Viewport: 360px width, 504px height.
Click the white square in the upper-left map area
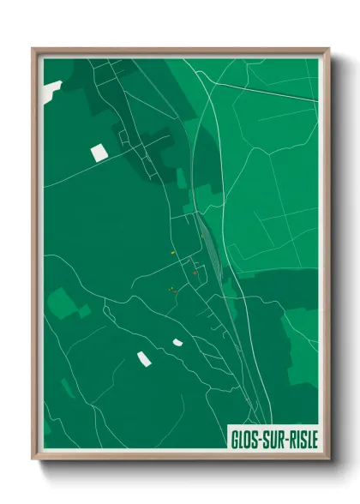click(99, 153)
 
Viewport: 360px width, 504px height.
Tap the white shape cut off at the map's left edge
click(51, 87)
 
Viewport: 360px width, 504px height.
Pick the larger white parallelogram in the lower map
click(143, 357)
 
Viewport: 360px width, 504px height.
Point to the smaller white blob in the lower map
click(177, 342)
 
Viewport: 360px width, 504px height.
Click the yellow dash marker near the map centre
click(173, 253)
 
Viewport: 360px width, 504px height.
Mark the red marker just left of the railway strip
click(195, 273)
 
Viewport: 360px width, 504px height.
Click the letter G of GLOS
click(236, 440)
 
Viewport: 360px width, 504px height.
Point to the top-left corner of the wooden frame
click(33, 49)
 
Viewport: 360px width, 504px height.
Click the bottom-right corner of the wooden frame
click(328, 459)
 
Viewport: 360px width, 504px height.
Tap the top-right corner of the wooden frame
click(328, 49)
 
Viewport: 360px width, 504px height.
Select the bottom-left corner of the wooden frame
click(33, 459)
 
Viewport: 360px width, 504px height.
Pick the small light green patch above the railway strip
click(181, 177)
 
